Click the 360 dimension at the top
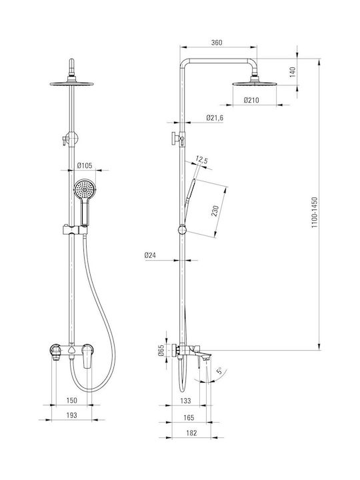point(217,43)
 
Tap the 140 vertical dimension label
point(293,72)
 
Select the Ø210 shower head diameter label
point(251,100)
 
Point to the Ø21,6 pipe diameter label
point(215,117)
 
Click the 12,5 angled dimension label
point(202,160)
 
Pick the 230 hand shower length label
point(215,211)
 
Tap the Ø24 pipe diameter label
point(150,255)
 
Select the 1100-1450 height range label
point(315,212)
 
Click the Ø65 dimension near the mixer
point(161,350)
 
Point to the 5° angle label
point(219,371)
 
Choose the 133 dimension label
point(185,401)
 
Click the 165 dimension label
point(189,417)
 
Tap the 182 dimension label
point(191,433)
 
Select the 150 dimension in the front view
point(71,400)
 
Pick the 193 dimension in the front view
point(71,415)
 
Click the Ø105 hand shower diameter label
point(85,165)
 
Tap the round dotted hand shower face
point(85,190)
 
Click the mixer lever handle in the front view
point(87,356)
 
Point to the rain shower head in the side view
point(255,83)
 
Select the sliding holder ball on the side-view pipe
point(182,229)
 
